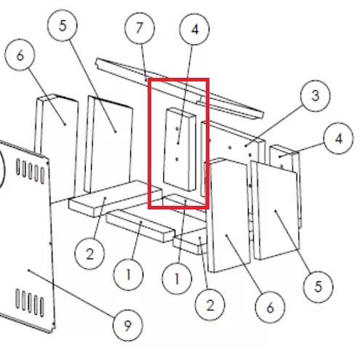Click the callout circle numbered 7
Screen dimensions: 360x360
click(x=140, y=28)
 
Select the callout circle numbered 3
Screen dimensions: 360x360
click(x=315, y=96)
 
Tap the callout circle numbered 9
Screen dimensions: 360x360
click(x=128, y=325)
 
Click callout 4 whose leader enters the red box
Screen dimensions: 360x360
click(x=194, y=30)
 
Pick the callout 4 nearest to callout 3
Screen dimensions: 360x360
click(x=338, y=138)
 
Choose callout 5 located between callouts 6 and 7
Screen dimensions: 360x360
click(x=63, y=25)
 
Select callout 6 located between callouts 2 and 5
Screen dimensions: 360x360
click(x=270, y=308)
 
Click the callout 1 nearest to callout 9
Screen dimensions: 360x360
click(x=128, y=275)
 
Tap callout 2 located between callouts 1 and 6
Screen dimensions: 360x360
click(x=210, y=305)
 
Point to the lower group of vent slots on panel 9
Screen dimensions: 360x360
click(x=30, y=303)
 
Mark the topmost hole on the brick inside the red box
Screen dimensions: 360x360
click(x=177, y=129)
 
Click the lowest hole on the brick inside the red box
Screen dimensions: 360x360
click(x=177, y=159)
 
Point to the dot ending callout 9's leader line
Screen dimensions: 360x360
click(x=29, y=270)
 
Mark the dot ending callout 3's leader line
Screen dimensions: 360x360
click(x=246, y=146)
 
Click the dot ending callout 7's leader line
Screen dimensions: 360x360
click(x=146, y=79)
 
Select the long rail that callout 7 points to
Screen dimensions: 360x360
click(x=180, y=88)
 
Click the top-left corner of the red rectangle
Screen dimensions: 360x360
click(x=148, y=79)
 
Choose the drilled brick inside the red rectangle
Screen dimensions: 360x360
click(x=180, y=149)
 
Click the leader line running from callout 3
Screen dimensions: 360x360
click(x=274, y=126)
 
